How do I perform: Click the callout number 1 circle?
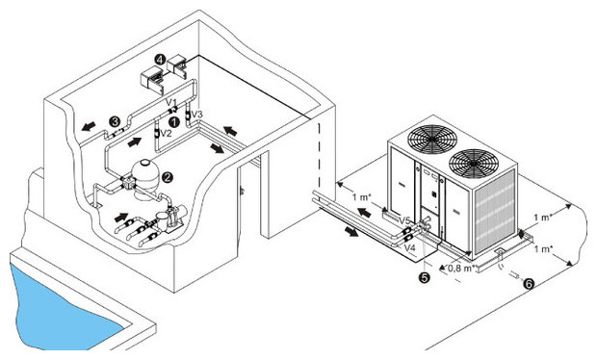tap(174, 122)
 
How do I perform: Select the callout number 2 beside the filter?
tap(168, 176)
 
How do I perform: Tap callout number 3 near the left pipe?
tap(115, 122)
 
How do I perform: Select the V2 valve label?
tap(165, 134)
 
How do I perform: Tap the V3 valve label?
tap(198, 116)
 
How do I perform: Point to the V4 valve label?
tap(409, 247)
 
